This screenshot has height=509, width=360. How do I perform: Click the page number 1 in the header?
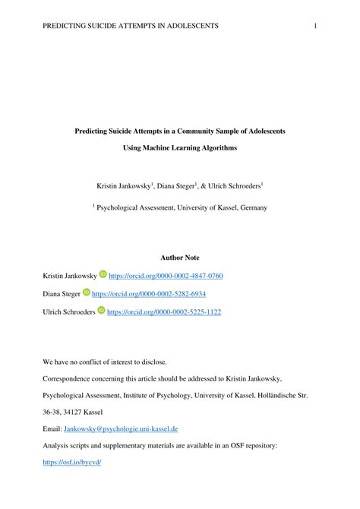click(x=314, y=26)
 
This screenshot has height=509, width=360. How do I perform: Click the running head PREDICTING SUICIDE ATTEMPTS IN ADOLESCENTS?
click(x=131, y=26)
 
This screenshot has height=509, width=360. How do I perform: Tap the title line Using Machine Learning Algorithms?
click(x=180, y=147)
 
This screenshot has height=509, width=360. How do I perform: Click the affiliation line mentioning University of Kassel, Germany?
click(x=180, y=206)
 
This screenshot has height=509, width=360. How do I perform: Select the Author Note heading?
click(x=180, y=258)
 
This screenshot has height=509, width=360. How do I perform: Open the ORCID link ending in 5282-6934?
click(x=149, y=293)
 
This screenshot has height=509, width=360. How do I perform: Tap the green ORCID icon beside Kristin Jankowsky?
click(x=103, y=274)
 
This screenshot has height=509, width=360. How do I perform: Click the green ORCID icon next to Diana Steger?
click(x=87, y=292)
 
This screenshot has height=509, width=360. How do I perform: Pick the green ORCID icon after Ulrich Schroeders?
click(x=101, y=311)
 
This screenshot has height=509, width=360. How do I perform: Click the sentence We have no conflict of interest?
click(x=104, y=362)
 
